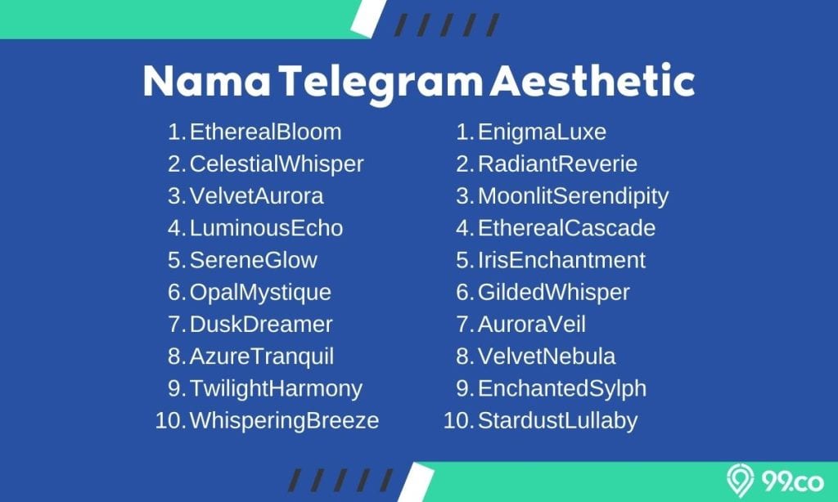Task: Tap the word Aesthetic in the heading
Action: tap(592, 80)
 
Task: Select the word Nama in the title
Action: tap(207, 82)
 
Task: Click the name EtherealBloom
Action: tap(265, 132)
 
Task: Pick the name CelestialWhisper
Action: tap(277, 164)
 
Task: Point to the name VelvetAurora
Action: tap(256, 196)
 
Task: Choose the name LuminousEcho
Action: tap(266, 228)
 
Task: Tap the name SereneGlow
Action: tap(254, 260)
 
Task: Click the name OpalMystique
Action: tap(260, 293)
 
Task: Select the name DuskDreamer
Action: tap(261, 324)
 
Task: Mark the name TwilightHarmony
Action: tap(276, 389)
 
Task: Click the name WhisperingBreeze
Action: tap(284, 421)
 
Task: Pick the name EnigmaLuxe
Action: tap(542, 132)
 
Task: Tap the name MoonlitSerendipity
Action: tap(573, 196)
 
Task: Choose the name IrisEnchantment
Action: tap(561, 260)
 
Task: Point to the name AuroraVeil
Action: tap(532, 324)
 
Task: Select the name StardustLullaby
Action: tap(558, 421)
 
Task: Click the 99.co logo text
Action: tap(792, 482)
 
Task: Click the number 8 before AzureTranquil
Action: tap(175, 356)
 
